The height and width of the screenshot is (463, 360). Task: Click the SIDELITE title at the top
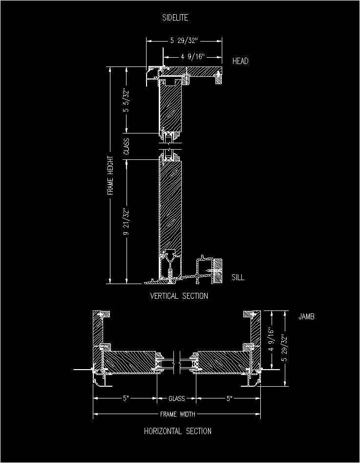(x=175, y=18)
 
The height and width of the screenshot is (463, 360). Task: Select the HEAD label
(x=240, y=61)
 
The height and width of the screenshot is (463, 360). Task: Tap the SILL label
(x=238, y=277)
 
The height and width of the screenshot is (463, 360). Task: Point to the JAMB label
(x=306, y=316)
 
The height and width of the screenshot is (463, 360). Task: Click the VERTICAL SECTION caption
(x=179, y=296)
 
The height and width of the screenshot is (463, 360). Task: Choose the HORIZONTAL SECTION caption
(x=178, y=431)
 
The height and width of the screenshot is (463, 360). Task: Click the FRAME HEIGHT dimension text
(x=110, y=176)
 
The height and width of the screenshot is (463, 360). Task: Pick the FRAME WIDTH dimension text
(x=178, y=414)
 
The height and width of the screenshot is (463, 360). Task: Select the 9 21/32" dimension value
(x=127, y=221)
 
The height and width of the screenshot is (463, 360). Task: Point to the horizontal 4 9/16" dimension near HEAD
(x=193, y=56)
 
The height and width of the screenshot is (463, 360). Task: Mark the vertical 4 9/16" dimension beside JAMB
(x=272, y=339)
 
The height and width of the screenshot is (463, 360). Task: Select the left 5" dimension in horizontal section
(x=126, y=398)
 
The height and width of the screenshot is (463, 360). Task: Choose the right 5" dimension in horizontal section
(x=229, y=398)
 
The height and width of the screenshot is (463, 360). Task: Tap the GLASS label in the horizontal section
(x=177, y=398)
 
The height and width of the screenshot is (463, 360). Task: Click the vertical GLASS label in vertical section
(x=127, y=147)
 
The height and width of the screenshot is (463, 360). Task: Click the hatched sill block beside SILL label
(x=218, y=270)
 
